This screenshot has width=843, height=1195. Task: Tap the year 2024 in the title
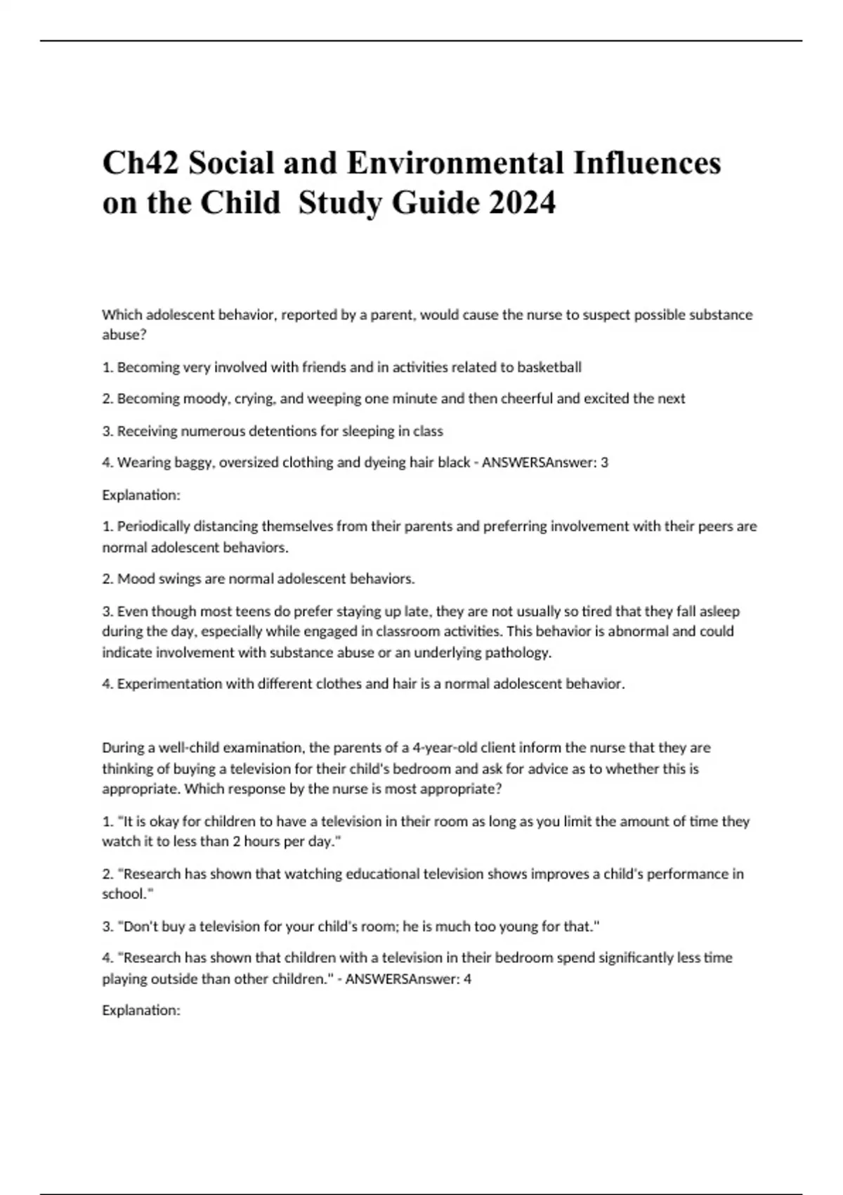[x=522, y=203]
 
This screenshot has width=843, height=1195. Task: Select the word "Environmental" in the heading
[x=456, y=163]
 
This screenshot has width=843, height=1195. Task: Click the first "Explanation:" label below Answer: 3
[x=141, y=495]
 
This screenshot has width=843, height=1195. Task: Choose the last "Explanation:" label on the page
[x=141, y=1010]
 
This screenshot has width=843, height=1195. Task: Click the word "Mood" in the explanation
[x=133, y=579]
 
